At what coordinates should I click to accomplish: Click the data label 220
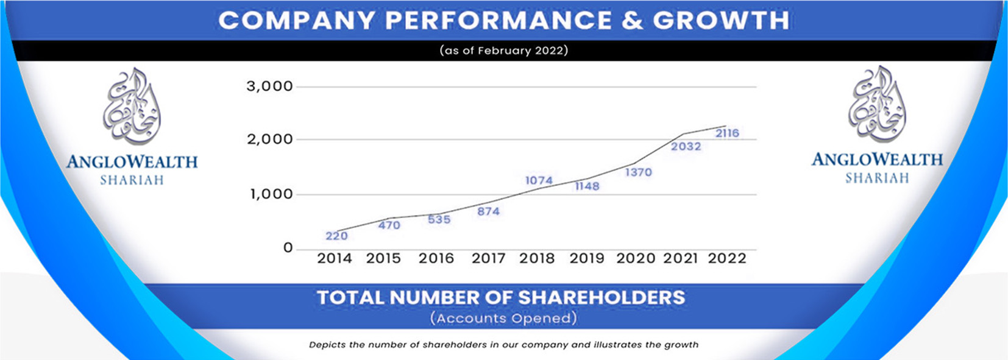pyautogui.click(x=336, y=236)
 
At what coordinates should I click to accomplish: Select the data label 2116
pyautogui.click(x=727, y=133)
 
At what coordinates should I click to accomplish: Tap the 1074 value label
pyautogui.click(x=539, y=180)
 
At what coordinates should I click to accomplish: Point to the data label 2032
pyautogui.click(x=686, y=146)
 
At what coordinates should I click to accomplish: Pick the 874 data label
pyautogui.click(x=488, y=211)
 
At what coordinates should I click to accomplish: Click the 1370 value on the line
pyautogui.click(x=638, y=172)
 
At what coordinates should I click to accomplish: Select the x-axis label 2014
pyautogui.click(x=335, y=258)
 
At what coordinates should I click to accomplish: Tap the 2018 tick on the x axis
pyautogui.click(x=537, y=258)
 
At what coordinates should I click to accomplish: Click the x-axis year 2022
pyautogui.click(x=727, y=258)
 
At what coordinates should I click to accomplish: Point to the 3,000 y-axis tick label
pyautogui.click(x=269, y=86)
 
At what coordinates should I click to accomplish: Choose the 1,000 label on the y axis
pyautogui.click(x=271, y=194)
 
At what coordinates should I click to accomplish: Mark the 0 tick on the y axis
pyautogui.click(x=288, y=248)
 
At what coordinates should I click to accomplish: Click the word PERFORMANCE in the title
pyautogui.click(x=498, y=21)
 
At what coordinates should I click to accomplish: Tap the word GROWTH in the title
pyautogui.click(x=721, y=21)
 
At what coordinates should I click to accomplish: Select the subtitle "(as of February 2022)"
pyautogui.click(x=504, y=51)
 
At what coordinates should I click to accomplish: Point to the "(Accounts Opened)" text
pyautogui.click(x=503, y=318)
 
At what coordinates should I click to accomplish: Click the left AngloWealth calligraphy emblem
pyautogui.click(x=132, y=106)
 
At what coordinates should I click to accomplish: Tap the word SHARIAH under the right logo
pyautogui.click(x=876, y=178)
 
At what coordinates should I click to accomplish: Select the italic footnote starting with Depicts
pyautogui.click(x=503, y=345)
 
